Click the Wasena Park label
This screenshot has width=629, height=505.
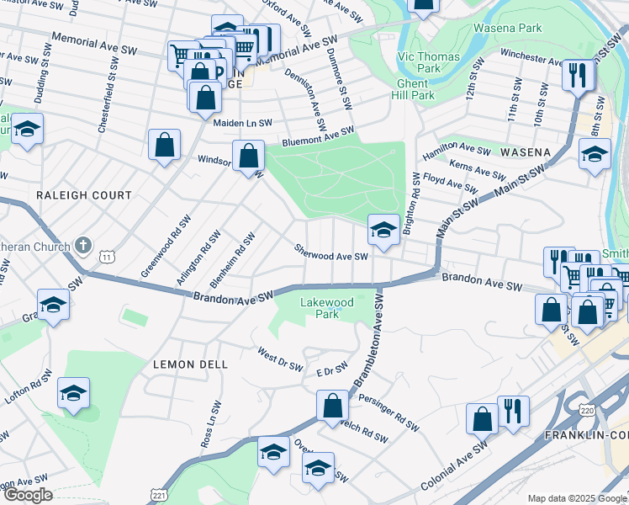[531, 28]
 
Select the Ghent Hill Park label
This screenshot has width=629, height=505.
[417, 89]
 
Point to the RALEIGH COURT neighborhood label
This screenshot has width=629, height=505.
[84, 195]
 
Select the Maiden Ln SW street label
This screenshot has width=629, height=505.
[244, 123]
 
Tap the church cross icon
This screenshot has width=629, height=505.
[82, 246]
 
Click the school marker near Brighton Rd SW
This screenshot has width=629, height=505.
[383, 230]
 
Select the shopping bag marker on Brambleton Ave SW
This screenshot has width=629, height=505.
[333, 407]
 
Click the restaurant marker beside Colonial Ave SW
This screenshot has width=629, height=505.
[513, 412]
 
